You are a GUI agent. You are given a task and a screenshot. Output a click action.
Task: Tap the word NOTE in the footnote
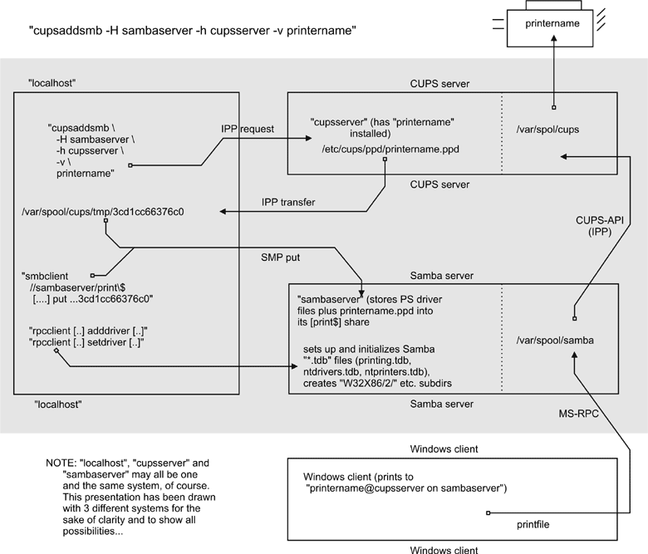pyautogui.click(x=62, y=462)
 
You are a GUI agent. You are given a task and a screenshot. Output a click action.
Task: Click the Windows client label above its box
pyautogui.click(x=444, y=449)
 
